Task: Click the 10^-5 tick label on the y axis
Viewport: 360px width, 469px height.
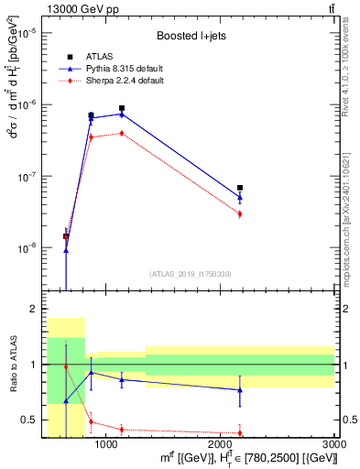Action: (27, 33)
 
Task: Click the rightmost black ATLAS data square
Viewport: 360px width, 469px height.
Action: (240, 188)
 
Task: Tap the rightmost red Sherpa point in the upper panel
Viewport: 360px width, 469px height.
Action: (240, 214)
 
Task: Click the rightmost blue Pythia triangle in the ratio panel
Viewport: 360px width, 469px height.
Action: (240, 390)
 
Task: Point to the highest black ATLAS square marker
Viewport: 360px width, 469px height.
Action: (122, 108)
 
